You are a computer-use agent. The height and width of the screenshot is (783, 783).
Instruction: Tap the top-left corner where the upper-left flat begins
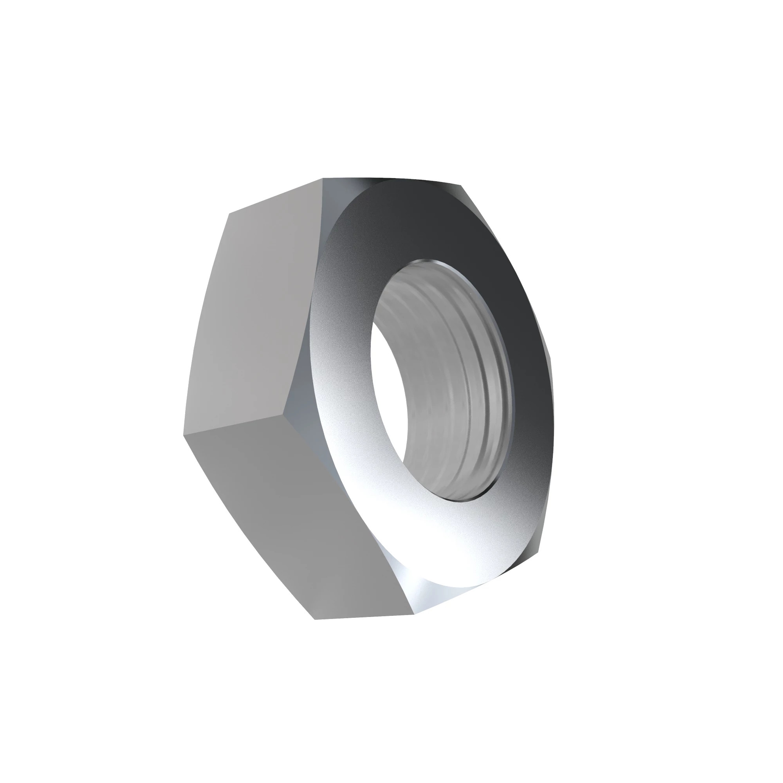(229, 213)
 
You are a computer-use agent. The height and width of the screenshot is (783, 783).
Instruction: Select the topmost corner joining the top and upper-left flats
(323, 178)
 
